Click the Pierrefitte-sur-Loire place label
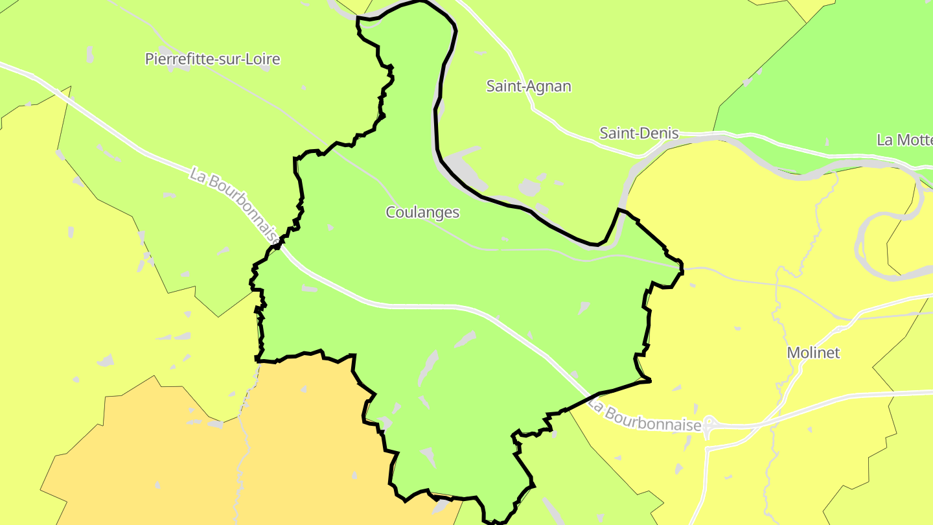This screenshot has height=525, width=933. [213, 59]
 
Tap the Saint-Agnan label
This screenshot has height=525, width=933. [529, 86]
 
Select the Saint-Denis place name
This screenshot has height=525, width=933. [639, 134]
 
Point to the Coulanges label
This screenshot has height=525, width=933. [422, 213]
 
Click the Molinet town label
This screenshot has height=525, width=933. [813, 353]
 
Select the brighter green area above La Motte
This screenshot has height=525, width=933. [842, 78]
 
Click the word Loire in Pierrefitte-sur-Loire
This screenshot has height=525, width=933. [264, 59]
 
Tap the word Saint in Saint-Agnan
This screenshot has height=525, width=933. [505, 86]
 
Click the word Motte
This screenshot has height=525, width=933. [917, 140]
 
